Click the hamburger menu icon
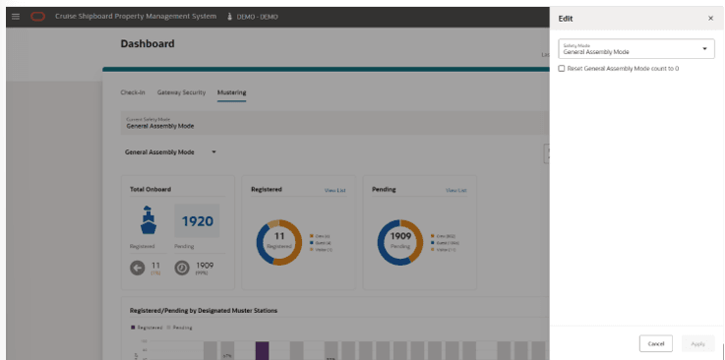click(x=15, y=17)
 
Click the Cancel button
click(x=655, y=343)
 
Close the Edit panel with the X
click(x=710, y=18)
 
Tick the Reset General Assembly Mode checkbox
click(x=562, y=68)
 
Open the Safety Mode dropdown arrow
click(x=704, y=48)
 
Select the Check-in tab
click(x=133, y=92)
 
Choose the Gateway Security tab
click(x=181, y=92)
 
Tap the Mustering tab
click(x=232, y=92)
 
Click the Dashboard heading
click(x=148, y=44)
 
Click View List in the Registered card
click(x=334, y=190)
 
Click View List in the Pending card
click(x=455, y=190)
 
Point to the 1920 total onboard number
click(x=197, y=221)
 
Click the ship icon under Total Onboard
click(x=144, y=220)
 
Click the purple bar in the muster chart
click(x=263, y=351)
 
